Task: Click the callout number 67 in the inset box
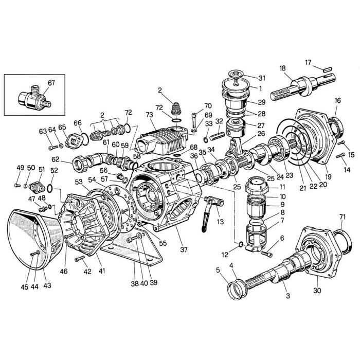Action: pos(51,83)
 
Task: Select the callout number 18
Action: pos(282,68)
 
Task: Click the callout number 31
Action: pos(262,78)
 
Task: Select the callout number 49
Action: pos(20,168)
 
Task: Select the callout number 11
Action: pos(282,188)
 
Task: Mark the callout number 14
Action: pos(347,170)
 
